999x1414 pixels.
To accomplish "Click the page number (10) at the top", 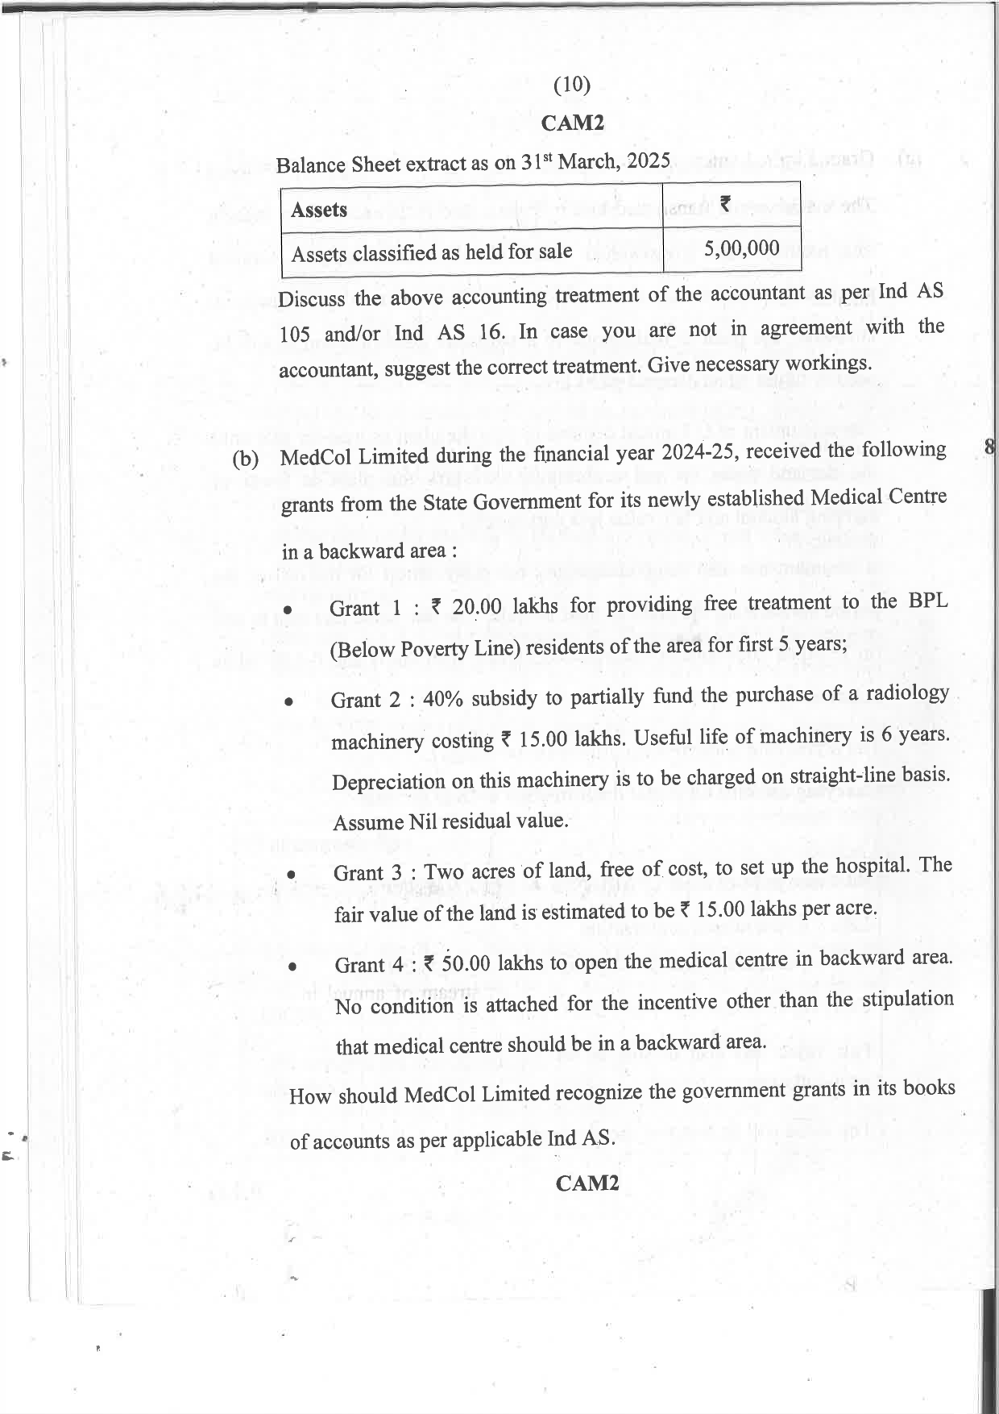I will [x=572, y=85].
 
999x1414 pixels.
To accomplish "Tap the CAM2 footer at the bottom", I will [x=587, y=1183].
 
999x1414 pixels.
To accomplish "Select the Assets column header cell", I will [x=319, y=210].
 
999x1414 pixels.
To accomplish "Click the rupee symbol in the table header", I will [x=725, y=205].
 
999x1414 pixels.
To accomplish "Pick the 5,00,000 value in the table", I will [x=741, y=248].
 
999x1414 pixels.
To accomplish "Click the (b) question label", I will [x=246, y=460].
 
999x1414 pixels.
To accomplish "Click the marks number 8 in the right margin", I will [x=990, y=446].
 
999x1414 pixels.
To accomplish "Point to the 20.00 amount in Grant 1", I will [x=477, y=606].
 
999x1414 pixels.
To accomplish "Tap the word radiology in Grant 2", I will [x=906, y=693].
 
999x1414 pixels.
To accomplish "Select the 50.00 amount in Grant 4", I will [x=466, y=963].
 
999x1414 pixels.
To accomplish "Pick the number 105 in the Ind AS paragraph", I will [x=294, y=335].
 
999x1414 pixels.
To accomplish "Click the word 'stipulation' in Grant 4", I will [x=907, y=1000].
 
